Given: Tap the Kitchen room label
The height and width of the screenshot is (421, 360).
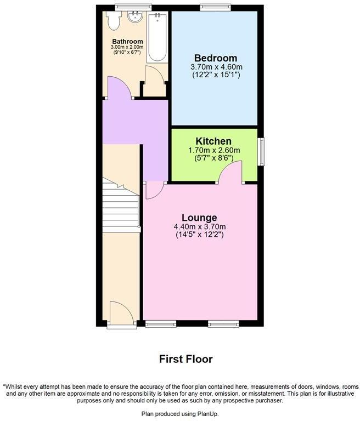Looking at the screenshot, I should tap(213, 141).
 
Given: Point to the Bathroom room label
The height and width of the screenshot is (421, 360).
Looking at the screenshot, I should tap(127, 42).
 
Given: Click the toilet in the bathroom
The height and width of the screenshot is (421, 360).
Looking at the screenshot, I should tap(114, 21).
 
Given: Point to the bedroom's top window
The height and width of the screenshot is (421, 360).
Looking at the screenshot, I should tap(215, 8).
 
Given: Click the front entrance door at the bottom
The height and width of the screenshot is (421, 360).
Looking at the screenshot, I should tap(121, 315).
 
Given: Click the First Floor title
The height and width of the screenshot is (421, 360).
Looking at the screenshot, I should tap(185, 359).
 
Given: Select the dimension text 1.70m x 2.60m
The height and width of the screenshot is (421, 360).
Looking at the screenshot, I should tap(213, 151).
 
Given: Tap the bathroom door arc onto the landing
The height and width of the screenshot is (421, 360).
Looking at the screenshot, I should tap(119, 88).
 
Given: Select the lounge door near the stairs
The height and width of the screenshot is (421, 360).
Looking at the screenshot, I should tap(153, 190).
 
